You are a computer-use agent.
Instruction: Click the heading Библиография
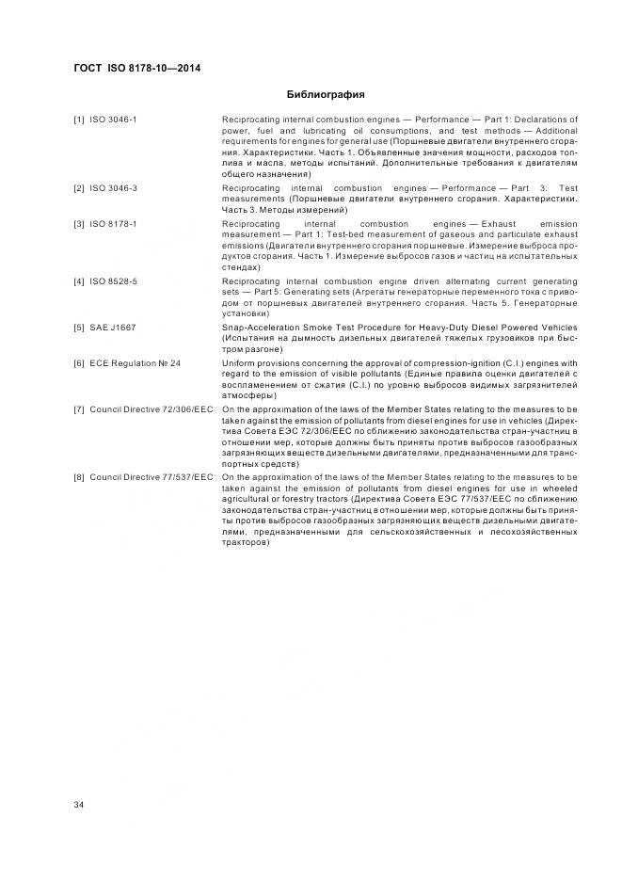click(325, 94)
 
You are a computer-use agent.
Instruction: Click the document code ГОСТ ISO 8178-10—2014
click(136, 68)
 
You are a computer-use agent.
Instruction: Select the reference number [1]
click(79, 120)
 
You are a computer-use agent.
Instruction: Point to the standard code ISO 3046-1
click(113, 120)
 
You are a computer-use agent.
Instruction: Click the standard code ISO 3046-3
click(113, 188)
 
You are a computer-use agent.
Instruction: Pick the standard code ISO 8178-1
click(113, 224)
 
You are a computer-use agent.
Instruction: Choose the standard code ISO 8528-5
click(113, 280)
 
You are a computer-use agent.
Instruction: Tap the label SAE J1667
click(110, 327)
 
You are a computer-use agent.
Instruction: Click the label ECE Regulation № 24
click(135, 362)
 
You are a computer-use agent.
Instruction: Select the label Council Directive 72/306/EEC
click(151, 408)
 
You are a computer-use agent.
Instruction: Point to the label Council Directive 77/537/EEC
click(151, 477)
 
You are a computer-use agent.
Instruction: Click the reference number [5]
click(79, 327)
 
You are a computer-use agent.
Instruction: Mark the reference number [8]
click(79, 477)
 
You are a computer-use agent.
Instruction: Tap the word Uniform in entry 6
click(236, 362)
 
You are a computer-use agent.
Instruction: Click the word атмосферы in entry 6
click(247, 395)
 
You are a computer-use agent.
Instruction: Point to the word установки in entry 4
click(245, 314)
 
